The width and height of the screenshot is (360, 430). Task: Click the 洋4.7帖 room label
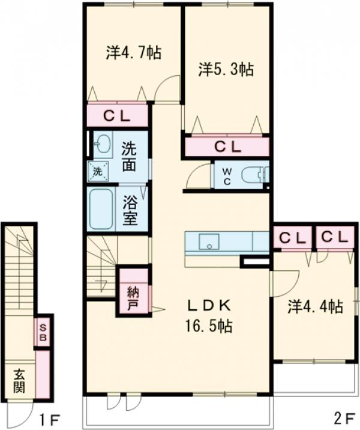[134, 53]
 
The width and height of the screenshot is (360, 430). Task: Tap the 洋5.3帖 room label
[226, 70]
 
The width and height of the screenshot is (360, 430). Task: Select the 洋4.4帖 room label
[316, 307]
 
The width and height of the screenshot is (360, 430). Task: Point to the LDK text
[209, 305]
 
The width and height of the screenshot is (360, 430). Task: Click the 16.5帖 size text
[209, 326]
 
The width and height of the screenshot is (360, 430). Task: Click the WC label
[227, 177]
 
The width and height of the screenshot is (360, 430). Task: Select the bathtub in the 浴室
[101, 209]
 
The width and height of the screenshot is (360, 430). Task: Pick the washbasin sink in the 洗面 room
[103, 144]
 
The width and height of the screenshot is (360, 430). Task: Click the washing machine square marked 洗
[98, 172]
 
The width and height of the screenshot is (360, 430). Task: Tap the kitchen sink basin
[209, 241]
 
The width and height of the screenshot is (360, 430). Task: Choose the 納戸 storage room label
[133, 300]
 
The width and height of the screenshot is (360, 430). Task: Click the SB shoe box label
[43, 332]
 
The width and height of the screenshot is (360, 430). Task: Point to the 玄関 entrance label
[19, 381]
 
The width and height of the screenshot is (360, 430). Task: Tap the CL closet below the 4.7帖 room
[117, 117]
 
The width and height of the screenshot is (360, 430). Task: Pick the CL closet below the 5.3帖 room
[227, 147]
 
